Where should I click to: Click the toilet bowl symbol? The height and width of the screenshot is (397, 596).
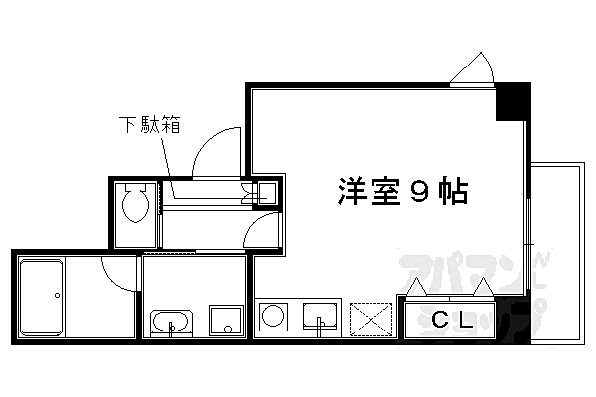pyautogui.click(x=135, y=203)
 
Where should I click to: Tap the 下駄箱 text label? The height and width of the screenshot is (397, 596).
pyautogui.click(x=149, y=124)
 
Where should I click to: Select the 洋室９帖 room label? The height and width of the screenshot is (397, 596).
pyautogui.click(x=402, y=192)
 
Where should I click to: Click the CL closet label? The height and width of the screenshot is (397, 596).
pyautogui.click(x=452, y=320)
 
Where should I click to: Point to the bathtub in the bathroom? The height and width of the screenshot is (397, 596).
pyautogui.click(x=41, y=297)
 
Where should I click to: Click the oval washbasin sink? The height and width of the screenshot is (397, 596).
pyautogui.click(x=171, y=323)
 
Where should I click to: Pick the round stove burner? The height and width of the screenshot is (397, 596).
pyautogui.click(x=273, y=315)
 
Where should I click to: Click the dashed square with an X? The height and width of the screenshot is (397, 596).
pyautogui.click(x=371, y=320)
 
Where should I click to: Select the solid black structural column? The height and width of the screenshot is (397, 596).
pyautogui.click(x=513, y=102)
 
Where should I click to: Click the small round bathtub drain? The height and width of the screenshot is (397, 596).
pyautogui.click(x=57, y=295)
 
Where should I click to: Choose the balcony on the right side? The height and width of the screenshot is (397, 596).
pyautogui.click(x=557, y=253)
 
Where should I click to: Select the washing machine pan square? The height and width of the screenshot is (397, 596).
pyautogui.click(x=225, y=321)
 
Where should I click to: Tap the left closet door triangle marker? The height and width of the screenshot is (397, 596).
pyautogui.click(x=417, y=287)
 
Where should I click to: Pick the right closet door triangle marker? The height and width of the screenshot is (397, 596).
pyautogui.click(x=483, y=287)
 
